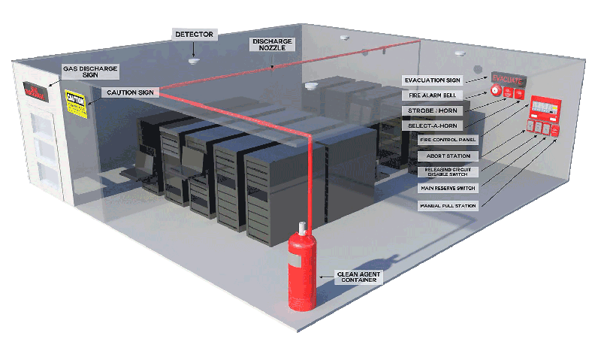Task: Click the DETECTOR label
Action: click(x=195, y=35)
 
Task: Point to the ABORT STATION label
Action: click(x=443, y=156)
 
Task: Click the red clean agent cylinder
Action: click(x=304, y=274)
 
